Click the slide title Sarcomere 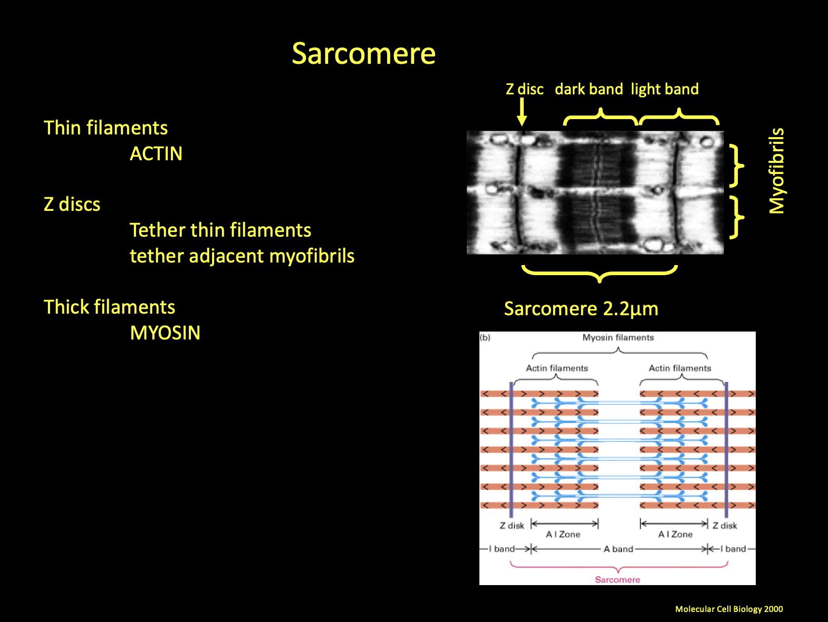click(363, 54)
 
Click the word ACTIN click(156, 154)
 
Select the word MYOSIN click(165, 333)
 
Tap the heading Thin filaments click(105, 128)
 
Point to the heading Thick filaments click(109, 307)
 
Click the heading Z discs click(72, 205)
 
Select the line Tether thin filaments click(220, 230)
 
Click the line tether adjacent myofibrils click(242, 256)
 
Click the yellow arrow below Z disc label click(522, 112)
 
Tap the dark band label click(589, 89)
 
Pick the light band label click(665, 89)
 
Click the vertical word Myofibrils click(777, 171)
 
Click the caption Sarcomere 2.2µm click(581, 309)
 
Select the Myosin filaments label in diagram click(618, 337)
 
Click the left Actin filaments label click(557, 368)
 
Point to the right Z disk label click(725, 526)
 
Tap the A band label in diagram click(618, 549)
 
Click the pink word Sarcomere click(617, 579)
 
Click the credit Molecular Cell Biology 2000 click(729, 609)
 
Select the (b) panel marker click(485, 337)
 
